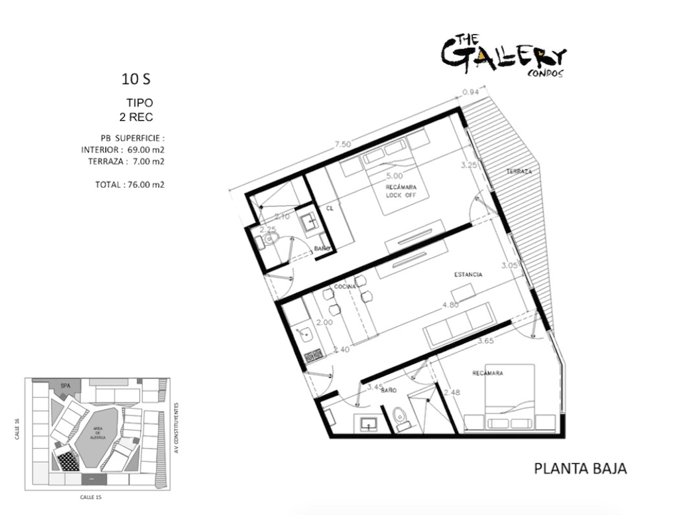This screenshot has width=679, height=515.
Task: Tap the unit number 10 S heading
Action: [x=136, y=80]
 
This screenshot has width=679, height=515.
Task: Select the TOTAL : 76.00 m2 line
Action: [x=129, y=184]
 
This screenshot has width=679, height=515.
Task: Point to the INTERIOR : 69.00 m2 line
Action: [x=123, y=150]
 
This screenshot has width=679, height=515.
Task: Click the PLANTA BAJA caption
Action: [x=580, y=469]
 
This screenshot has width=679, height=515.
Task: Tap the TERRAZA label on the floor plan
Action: [x=519, y=171]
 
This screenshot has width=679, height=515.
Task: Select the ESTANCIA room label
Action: [x=468, y=274]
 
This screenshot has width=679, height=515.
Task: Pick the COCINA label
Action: [x=345, y=285]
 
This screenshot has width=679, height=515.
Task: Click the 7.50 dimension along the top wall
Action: [x=343, y=144]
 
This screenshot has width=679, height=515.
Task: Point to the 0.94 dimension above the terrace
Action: [x=469, y=92]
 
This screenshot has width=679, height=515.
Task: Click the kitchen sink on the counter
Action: [x=307, y=333]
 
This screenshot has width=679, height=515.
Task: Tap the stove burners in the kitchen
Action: [x=311, y=356]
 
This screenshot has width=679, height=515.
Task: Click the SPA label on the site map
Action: [x=65, y=385]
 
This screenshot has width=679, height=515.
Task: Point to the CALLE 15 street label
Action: [x=91, y=496]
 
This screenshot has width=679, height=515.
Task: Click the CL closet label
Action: [x=329, y=208]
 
